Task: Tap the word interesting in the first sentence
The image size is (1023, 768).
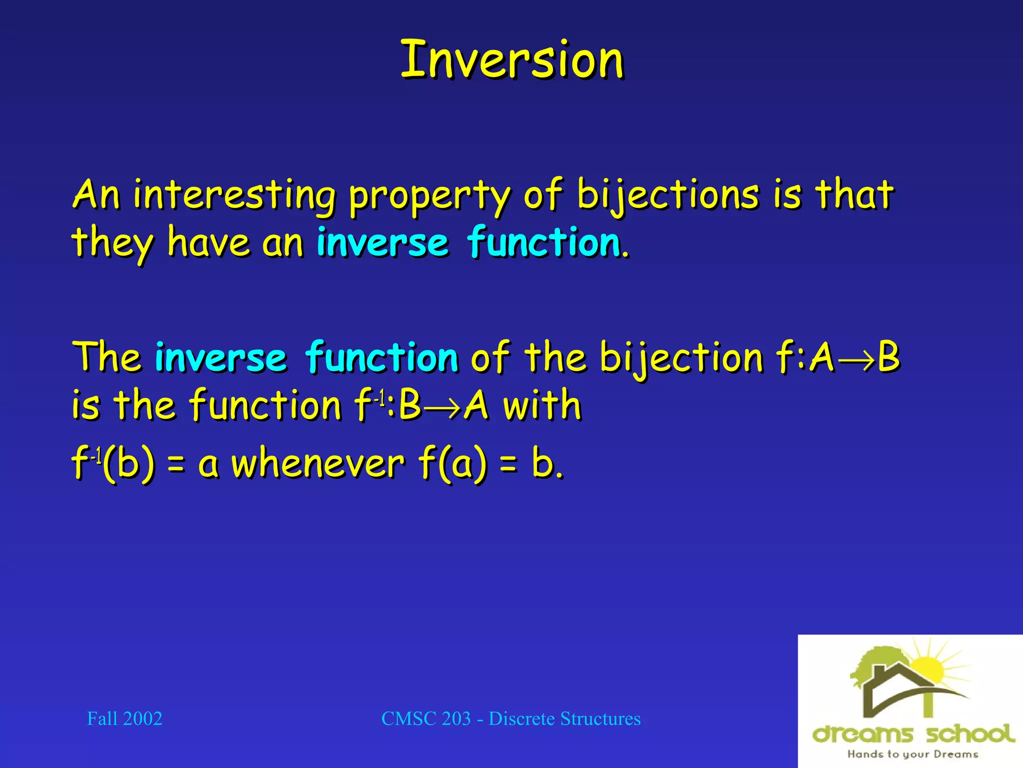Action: coord(235,196)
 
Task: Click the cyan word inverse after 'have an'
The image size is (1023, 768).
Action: coord(383,243)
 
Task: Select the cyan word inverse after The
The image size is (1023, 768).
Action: coord(221,357)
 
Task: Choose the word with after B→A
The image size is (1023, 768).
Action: coord(542,405)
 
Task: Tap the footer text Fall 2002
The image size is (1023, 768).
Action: coord(125,719)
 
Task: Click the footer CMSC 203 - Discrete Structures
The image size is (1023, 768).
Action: coord(511,719)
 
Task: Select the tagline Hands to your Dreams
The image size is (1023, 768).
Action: coord(912,754)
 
